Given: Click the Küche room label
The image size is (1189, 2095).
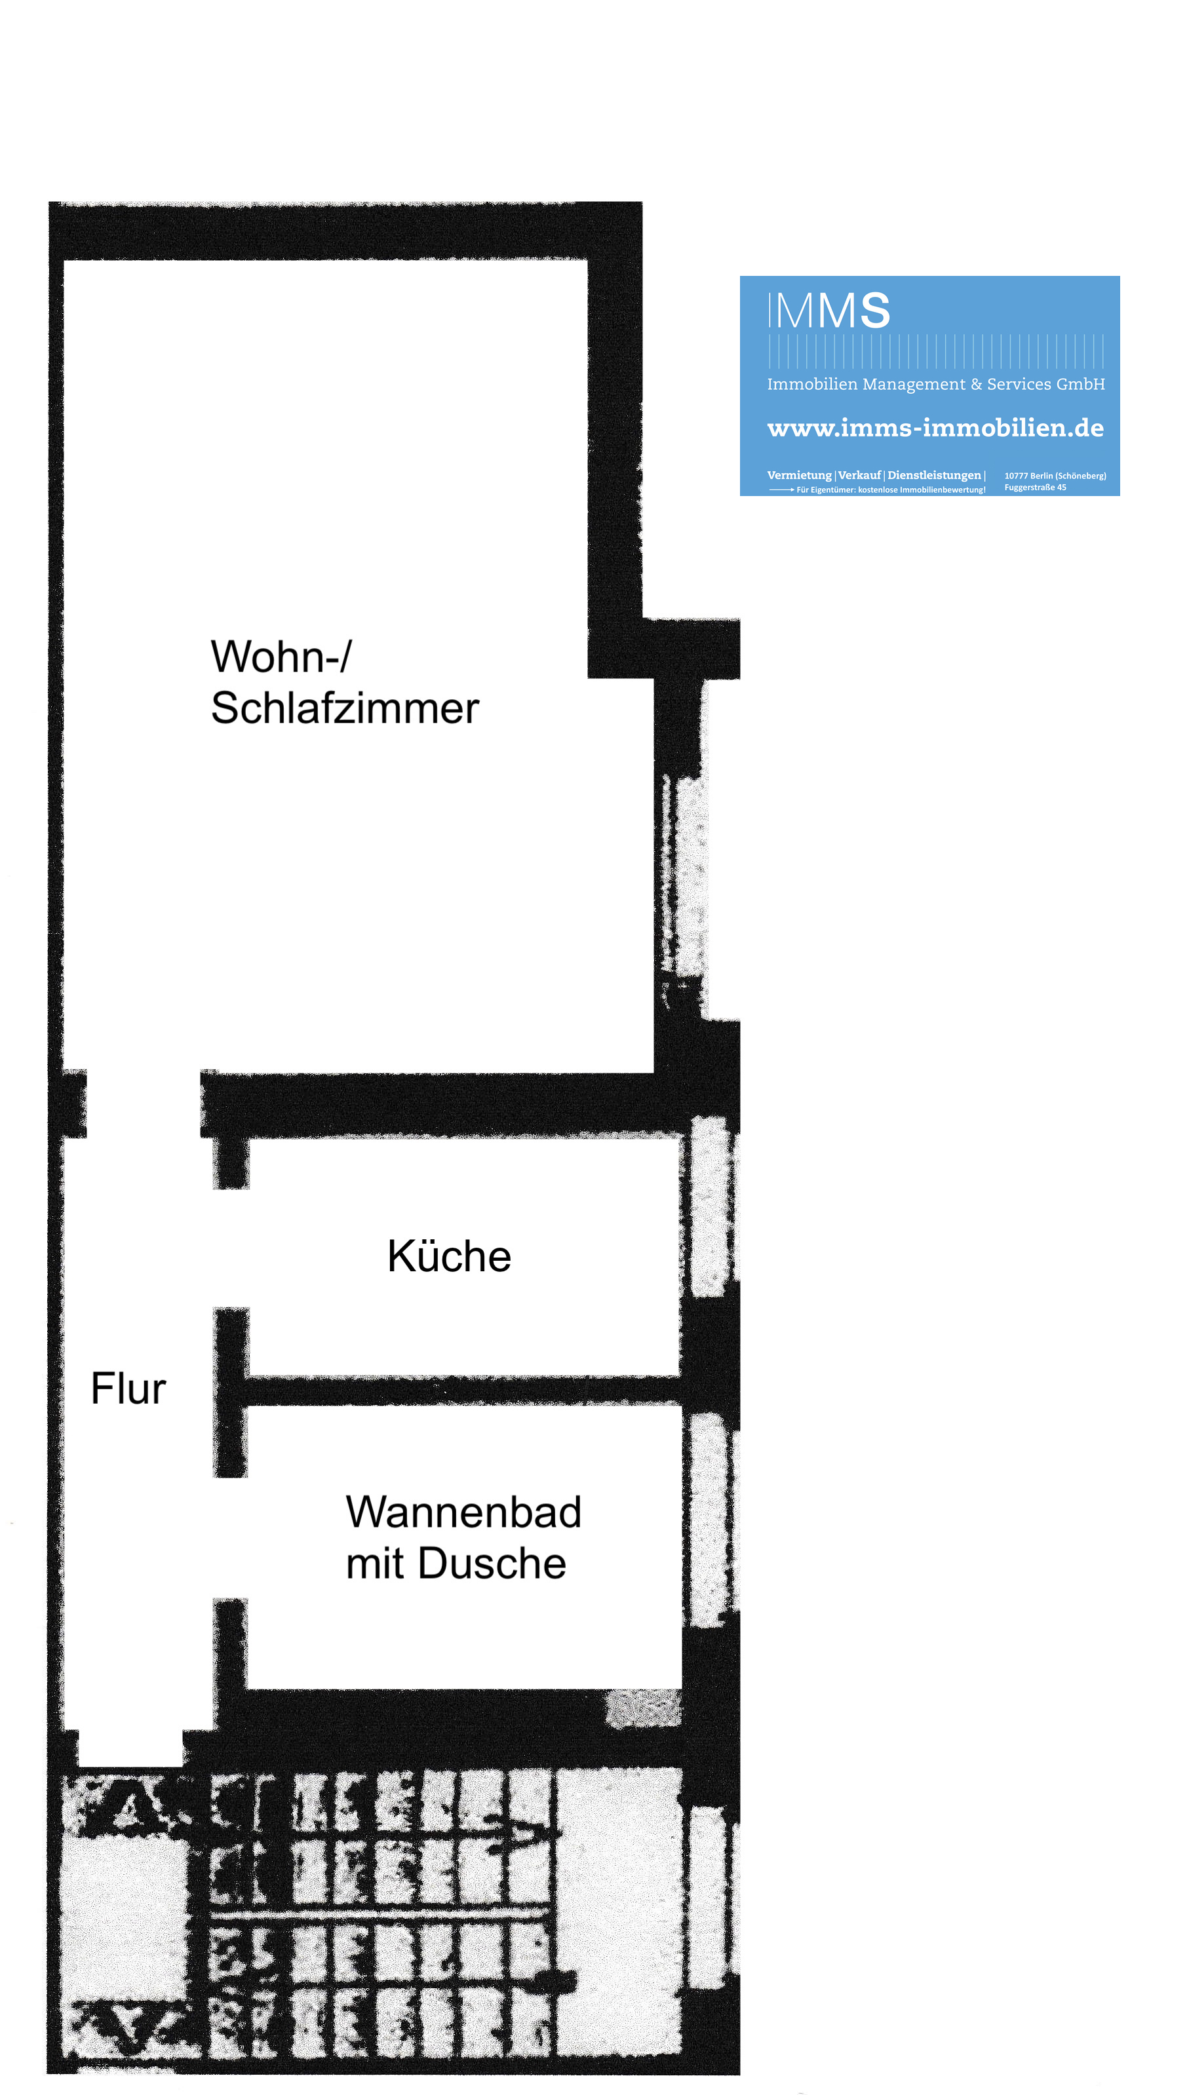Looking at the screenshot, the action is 449,1256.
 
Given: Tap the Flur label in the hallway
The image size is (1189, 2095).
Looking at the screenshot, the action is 128,1388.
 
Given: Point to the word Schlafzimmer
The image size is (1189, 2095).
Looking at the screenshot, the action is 345,707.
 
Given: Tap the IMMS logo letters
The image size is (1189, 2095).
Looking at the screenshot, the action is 829,311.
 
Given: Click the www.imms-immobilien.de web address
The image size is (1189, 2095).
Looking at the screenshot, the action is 935,428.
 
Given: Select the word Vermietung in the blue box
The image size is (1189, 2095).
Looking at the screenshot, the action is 798,475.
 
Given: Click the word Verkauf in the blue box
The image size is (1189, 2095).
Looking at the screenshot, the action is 859,475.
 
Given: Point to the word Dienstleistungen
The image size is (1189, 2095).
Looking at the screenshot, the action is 934,475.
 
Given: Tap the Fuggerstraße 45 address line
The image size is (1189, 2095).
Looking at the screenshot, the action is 1035,488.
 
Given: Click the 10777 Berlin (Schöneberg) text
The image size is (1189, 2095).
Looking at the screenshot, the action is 1055,476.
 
